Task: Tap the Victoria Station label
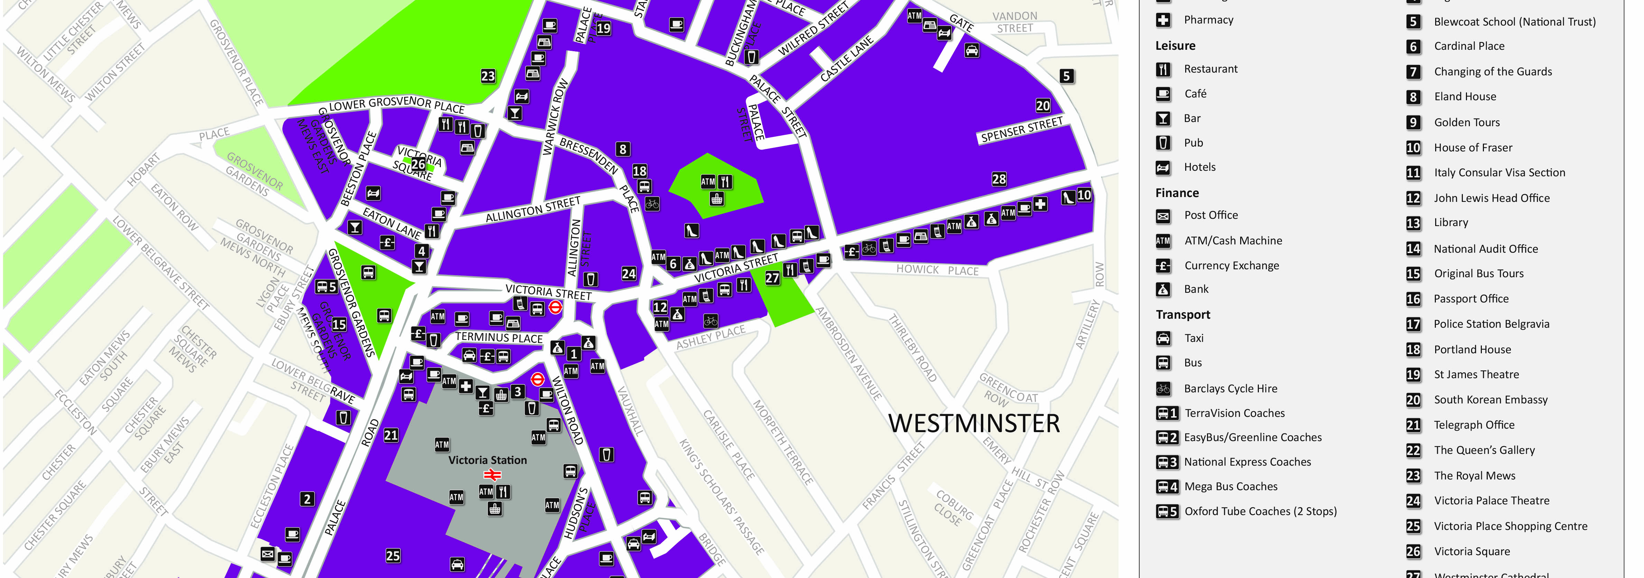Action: [487, 460]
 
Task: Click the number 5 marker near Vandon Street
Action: [1066, 76]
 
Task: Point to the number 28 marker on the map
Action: [999, 179]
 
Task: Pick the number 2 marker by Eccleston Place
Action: [307, 499]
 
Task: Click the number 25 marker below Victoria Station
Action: [393, 556]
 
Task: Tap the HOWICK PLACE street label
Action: [937, 270]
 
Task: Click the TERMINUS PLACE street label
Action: [499, 337]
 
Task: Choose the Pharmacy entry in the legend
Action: [1208, 20]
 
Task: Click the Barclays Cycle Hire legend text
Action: [1230, 389]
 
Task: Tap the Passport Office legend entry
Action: [1471, 299]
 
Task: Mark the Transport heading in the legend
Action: [1182, 315]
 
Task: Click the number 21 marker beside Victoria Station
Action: [391, 435]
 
